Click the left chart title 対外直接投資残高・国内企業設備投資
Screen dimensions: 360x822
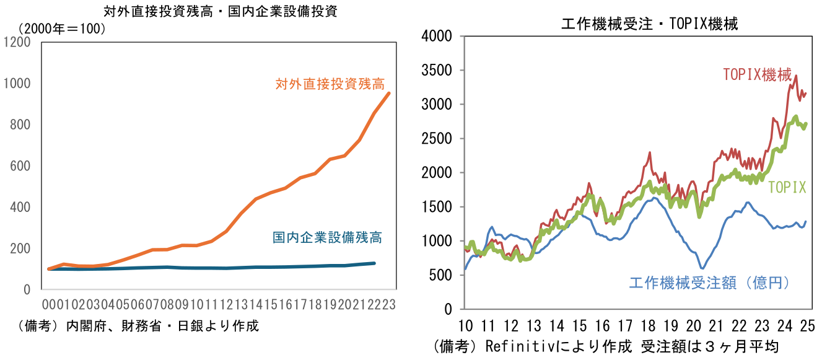221,11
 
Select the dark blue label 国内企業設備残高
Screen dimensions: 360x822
327,237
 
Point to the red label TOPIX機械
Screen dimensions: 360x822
757,75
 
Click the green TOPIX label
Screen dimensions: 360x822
787,188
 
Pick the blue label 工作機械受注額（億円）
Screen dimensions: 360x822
710,283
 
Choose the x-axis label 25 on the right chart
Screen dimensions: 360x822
807,325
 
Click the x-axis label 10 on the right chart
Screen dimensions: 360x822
466,325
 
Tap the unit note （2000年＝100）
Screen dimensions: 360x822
62,29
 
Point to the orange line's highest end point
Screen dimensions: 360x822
389,93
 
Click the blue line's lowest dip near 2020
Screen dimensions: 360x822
702,268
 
